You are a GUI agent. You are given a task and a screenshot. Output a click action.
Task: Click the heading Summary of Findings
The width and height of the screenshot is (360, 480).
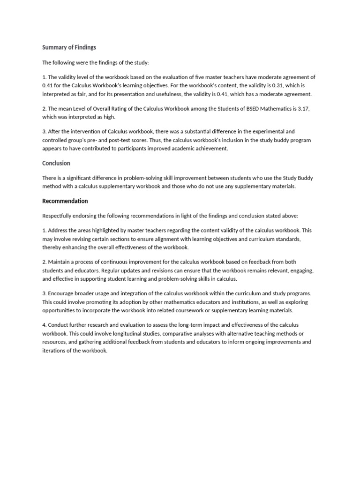click(69, 47)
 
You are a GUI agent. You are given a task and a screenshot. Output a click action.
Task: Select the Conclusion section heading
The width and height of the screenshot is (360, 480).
click(56, 163)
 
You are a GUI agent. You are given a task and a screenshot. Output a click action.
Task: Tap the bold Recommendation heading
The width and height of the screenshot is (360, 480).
click(65, 201)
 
